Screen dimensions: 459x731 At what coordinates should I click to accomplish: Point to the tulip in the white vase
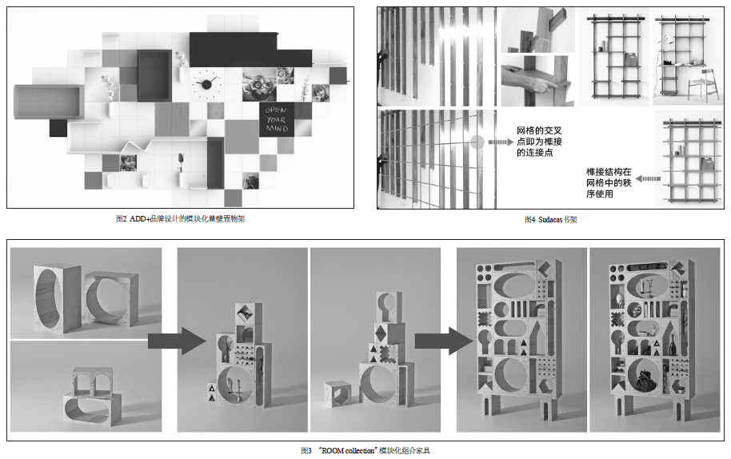(x=182, y=163)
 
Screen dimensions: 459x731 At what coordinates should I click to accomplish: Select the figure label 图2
(x=121, y=218)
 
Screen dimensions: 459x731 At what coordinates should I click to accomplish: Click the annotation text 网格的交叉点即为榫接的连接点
(x=541, y=141)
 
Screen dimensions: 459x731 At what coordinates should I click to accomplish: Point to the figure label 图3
(x=306, y=451)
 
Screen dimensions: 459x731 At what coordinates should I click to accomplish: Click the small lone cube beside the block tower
(x=338, y=393)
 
